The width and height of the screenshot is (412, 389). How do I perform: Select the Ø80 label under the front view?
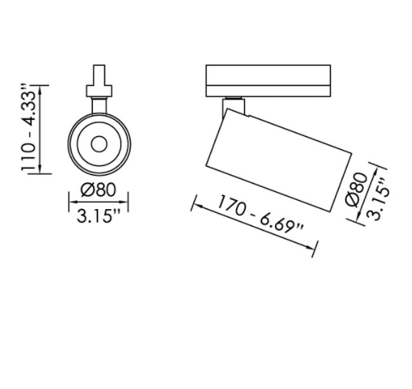(98, 190)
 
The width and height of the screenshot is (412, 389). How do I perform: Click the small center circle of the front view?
(99, 143)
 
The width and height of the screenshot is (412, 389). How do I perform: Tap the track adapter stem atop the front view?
(98, 78)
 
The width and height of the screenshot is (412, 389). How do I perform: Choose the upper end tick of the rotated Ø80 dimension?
(377, 166)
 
